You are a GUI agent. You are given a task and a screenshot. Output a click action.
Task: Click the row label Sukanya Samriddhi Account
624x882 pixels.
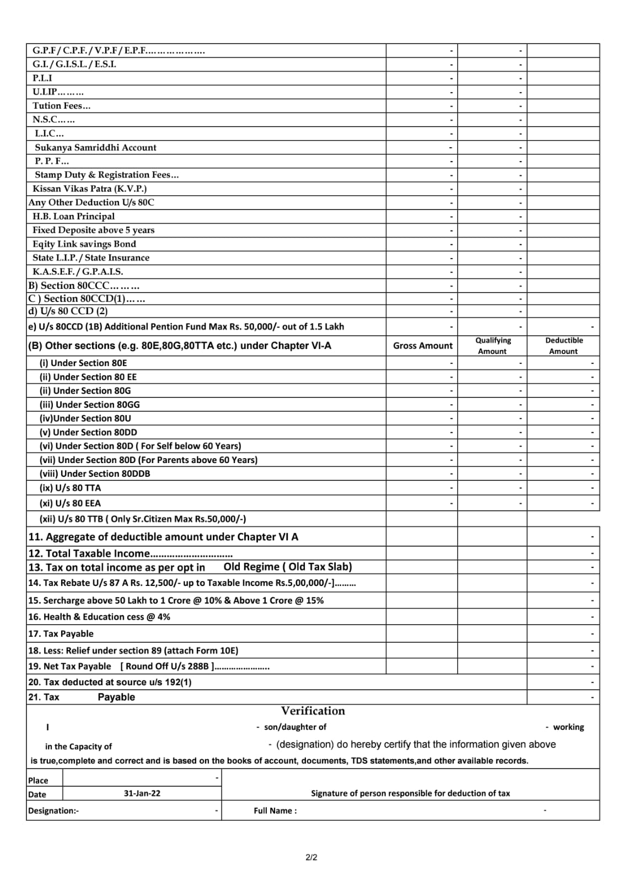point(95,147)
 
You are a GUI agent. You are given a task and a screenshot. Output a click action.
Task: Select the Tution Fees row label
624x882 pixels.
point(61,105)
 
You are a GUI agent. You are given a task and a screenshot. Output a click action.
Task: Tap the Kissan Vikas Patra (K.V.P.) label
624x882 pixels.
point(89,189)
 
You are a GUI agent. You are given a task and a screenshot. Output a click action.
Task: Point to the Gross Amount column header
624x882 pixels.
point(422,346)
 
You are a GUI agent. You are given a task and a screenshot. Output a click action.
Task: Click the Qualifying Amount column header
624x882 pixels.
point(493,346)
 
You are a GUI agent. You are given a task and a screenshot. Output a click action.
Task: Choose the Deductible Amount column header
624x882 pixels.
point(563,346)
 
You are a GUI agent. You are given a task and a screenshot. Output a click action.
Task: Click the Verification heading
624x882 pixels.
point(313,711)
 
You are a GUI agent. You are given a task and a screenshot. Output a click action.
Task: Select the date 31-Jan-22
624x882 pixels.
point(142,793)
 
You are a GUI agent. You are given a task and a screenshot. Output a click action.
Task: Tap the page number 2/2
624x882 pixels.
point(311,857)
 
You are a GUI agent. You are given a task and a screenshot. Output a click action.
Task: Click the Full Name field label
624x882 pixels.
point(275,810)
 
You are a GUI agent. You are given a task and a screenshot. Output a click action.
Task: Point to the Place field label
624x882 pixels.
point(38,781)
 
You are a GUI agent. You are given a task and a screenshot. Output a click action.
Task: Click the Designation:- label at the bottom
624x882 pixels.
point(53,810)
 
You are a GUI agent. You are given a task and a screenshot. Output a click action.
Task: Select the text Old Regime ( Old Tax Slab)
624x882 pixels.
point(287,567)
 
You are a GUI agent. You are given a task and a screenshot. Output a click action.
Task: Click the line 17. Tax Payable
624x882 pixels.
point(61,633)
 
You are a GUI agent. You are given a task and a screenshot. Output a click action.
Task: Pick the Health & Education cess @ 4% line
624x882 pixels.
point(99,617)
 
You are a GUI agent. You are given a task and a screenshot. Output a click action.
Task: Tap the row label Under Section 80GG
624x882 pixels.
point(89,405)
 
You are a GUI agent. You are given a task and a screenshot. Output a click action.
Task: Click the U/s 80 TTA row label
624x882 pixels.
point(70,488)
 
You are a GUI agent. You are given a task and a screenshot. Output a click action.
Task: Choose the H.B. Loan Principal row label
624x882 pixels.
point(73,216)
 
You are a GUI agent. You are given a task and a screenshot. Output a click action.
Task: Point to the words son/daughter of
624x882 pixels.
point(295,727)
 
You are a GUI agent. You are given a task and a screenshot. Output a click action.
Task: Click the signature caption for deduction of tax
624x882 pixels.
point(410,793)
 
